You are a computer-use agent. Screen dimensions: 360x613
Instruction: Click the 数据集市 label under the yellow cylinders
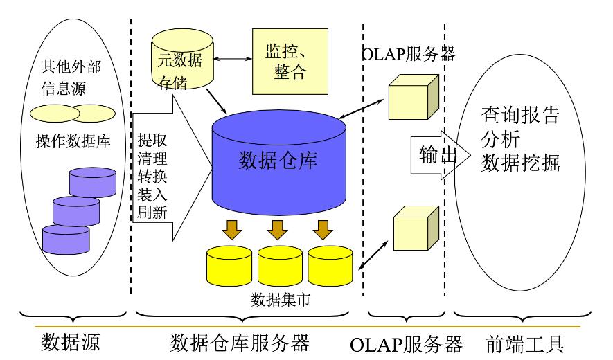(279, 301)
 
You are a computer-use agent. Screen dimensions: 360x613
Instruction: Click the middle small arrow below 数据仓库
(278, 228)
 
